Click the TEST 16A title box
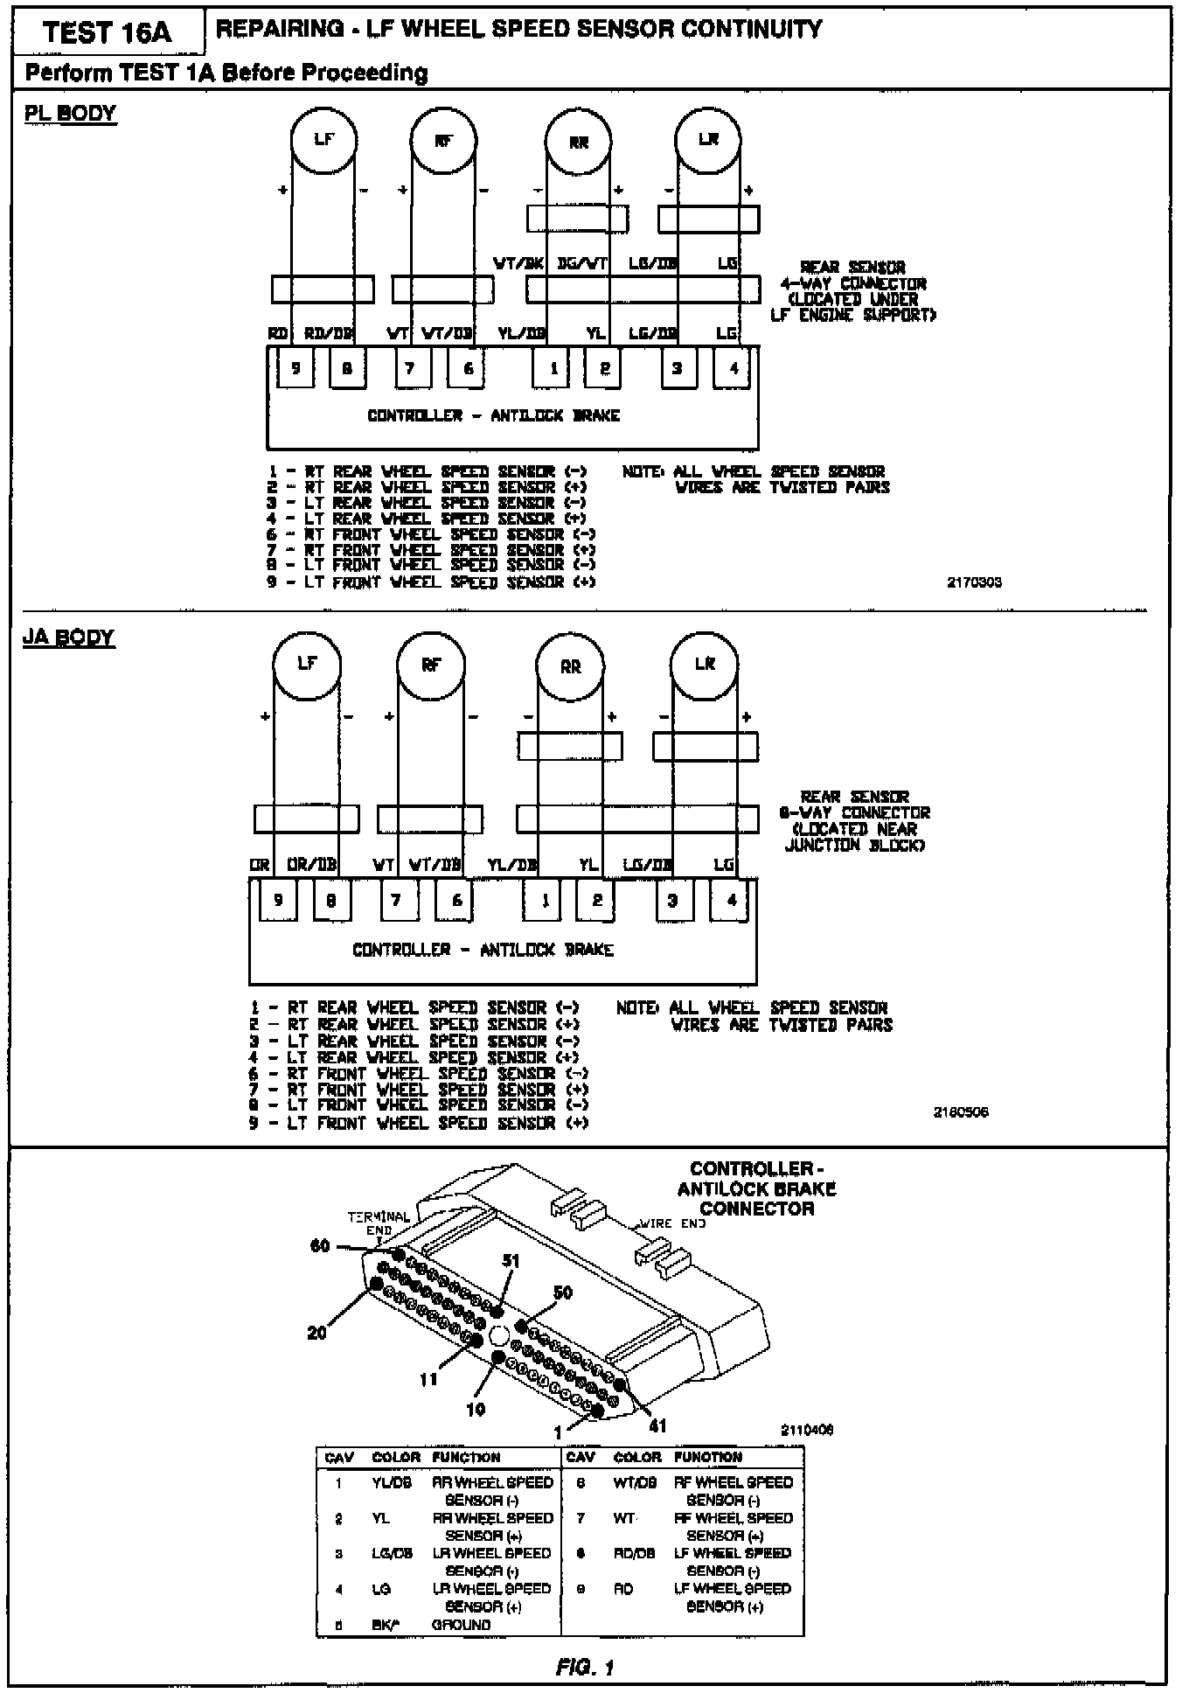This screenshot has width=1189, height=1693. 107,32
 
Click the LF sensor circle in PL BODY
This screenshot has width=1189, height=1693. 323,139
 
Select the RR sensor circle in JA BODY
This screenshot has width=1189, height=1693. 569,667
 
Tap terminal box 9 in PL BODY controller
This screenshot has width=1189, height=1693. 296,368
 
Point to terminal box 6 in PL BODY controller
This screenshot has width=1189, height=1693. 468,368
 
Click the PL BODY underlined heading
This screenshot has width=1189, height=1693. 70,114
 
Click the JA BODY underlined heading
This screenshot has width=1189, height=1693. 68,637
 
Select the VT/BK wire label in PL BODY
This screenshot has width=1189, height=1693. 519,263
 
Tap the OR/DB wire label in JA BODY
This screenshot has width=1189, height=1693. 312,865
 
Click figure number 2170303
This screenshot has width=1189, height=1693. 974,582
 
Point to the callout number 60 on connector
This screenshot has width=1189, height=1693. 320,1245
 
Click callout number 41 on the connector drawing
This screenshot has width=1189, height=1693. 657,1426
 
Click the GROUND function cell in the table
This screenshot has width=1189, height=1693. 461,1625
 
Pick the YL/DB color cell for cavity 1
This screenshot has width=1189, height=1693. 391,1483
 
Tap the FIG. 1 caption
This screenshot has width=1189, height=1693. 585,1668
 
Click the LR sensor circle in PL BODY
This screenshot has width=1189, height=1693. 708,139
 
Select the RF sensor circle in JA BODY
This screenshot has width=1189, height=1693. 430,665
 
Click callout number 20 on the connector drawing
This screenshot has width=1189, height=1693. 316,1333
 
